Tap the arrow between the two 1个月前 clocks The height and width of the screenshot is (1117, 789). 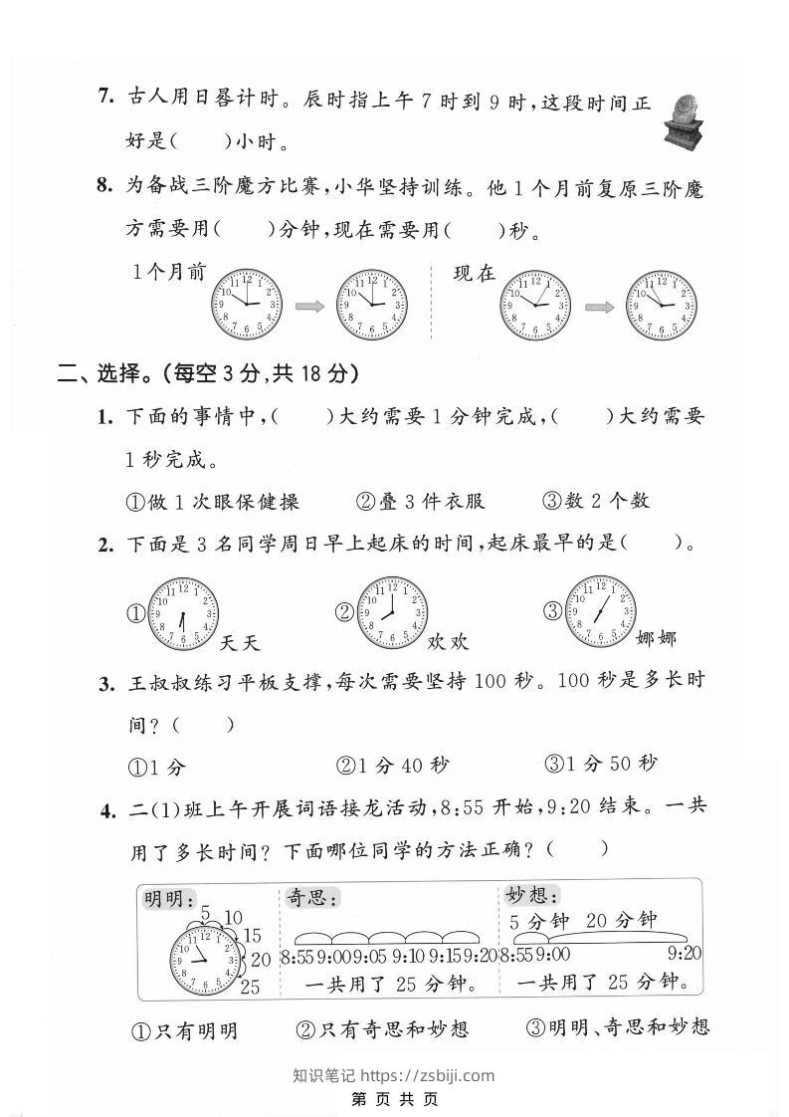coord(309,306)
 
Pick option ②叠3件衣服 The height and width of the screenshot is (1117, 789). coord(420,501)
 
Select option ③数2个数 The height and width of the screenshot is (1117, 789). coord(596,501)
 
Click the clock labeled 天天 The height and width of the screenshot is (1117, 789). coord(183,614)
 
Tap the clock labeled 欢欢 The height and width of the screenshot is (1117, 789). coord(393,612)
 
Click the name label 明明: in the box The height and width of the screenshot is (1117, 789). coord(169,900)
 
